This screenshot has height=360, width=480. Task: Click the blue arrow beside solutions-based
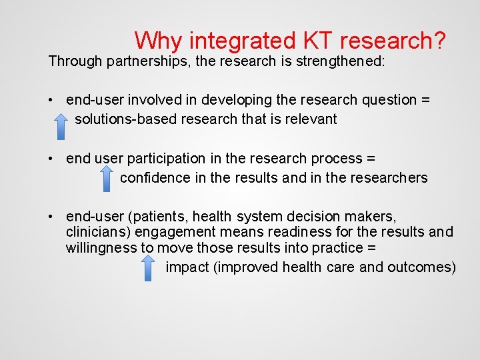(60, 125)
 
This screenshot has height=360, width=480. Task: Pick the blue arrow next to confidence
(106, 178)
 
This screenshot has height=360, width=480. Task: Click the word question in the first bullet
(387, 100)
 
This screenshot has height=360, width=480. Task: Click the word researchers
(391, 178)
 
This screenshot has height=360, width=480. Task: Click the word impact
(186, 267)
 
